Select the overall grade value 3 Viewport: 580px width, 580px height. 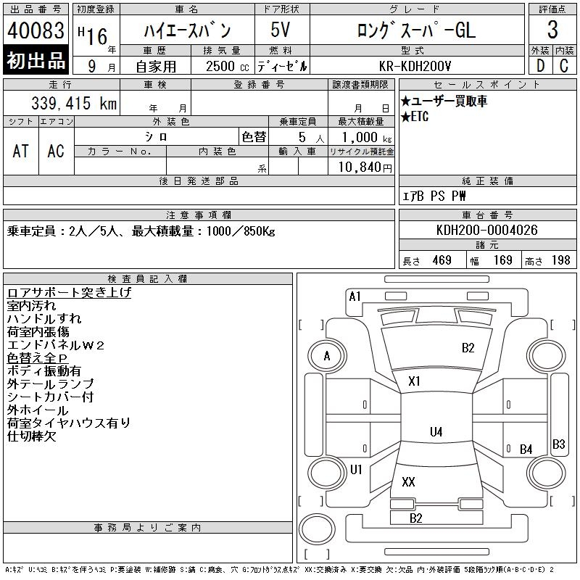tap(552, 30)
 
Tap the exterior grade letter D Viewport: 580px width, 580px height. tap(540, 66)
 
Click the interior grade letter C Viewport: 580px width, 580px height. tap(564, 66)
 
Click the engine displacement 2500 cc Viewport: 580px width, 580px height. tap(225, 66)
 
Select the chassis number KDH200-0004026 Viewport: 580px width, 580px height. tap(487, 231)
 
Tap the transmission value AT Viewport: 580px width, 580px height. tap(21, 151)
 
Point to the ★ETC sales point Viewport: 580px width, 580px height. tap(415, 117)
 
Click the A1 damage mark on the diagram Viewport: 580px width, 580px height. tap(355, 296)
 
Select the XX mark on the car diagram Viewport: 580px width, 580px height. tap(408, 481)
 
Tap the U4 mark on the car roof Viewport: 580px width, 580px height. tap(436, 432)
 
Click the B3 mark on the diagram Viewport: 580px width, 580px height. tap(559, 444)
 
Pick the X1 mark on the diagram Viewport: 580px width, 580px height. tap(415, 381)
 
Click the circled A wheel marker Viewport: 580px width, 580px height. tap(327, 356)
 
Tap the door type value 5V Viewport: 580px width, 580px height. tap(281, 31)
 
